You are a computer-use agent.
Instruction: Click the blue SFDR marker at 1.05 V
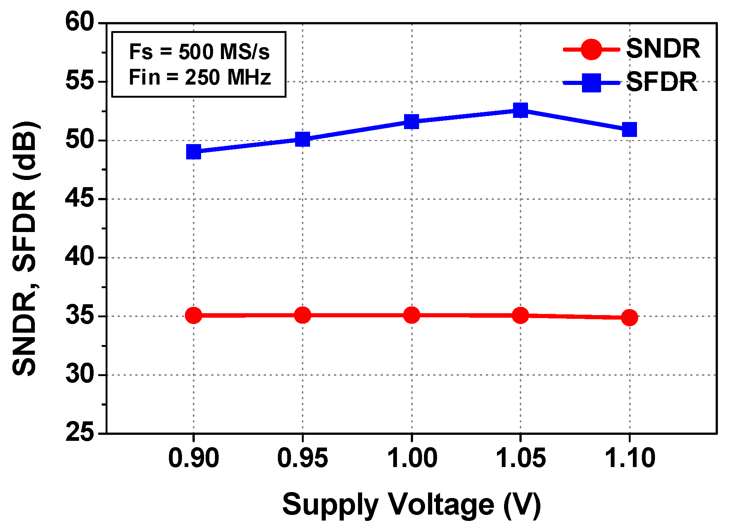tap(520, 110)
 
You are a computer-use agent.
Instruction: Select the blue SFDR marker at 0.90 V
tap(194, 152)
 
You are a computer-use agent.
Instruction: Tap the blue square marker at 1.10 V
tap(630, 129)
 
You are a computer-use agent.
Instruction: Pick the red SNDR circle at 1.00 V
tap(412, 315)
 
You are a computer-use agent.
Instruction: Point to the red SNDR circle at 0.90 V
tap(194, 315)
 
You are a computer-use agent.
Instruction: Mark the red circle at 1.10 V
tap(630, 317)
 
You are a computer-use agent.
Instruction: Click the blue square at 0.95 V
tap(303, 139)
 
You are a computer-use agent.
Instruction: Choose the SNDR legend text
tap(663, 49)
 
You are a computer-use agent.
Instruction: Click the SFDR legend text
tap(662, 82)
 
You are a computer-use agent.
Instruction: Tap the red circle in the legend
tap(591, 49)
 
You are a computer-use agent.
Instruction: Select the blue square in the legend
tap(591, 83)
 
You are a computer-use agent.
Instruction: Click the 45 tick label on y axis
tap(79, 198)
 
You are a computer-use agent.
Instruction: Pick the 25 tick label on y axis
tap(79, 433)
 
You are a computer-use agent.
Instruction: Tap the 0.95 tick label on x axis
tap(302, 458)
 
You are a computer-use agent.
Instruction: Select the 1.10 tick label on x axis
tap(630, 458)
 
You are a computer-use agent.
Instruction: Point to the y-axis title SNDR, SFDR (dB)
tap(25, 248)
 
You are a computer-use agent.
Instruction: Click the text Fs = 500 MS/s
tap(199, 52)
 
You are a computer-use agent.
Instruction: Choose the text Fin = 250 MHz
tap(200, 77)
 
